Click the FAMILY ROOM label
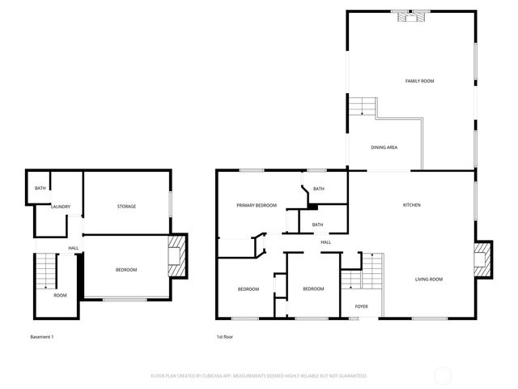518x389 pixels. click(419, 81)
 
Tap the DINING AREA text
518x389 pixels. click(384, 147)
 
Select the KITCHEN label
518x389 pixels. click(411, 205)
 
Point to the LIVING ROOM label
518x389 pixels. click(429, 280)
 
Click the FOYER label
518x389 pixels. click(361, 306)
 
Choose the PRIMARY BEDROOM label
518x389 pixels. click(256, 206)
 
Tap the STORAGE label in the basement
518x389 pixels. click(125, 207)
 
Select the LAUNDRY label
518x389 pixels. click(61, 207)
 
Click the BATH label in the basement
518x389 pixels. click(40, 189)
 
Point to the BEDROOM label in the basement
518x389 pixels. click(125, 270)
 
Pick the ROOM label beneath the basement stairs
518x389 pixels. click(60, 295)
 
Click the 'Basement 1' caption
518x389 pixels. click(41, 336)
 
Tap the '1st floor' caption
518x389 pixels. click(225, 336)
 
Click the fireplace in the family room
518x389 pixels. click(410, 14)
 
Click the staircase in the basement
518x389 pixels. click(47, 271)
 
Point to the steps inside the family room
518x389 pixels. click(363, 107)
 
